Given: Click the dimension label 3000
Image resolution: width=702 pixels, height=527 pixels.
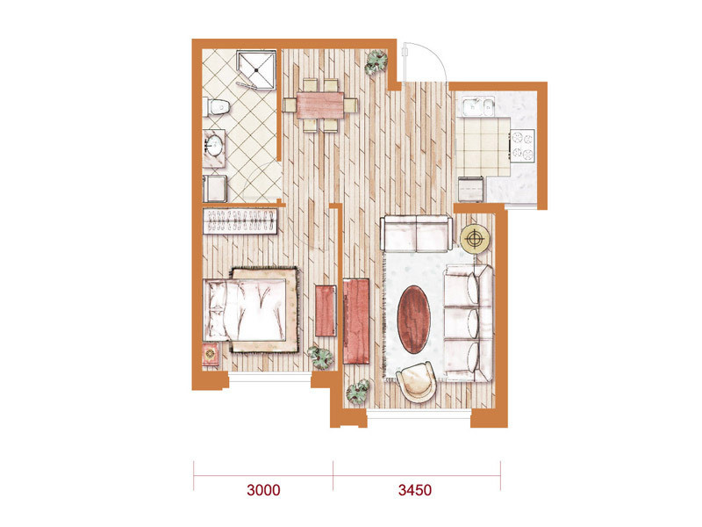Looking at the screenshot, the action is coord(264,490).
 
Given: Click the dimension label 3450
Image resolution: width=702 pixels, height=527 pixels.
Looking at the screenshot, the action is coord(415,490).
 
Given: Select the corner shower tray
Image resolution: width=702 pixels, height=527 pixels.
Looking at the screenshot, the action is coord(255,70).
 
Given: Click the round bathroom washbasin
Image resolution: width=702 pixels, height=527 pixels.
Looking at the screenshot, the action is coord(213,145).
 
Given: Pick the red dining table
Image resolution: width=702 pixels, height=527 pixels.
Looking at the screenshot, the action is coord(320,105).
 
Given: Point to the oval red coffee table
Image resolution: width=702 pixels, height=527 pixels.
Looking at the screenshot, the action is coord(414,319).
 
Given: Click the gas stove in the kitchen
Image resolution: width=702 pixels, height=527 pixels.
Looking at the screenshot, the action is coord(522,146).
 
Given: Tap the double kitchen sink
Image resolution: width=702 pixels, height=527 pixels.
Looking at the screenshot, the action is coord(478,107).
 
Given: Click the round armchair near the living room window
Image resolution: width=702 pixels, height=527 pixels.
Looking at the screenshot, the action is coord(416,382).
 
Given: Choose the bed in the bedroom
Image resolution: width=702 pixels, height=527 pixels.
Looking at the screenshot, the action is coord(250,310).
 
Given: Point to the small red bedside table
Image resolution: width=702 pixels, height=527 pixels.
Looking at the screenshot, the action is coord(211,355).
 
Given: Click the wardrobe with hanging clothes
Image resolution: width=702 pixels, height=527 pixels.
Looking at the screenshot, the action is coord(240,220).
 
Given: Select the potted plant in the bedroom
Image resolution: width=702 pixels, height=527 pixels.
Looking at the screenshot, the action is coord(320,357).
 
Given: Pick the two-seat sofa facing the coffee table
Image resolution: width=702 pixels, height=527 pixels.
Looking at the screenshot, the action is coord(416,234).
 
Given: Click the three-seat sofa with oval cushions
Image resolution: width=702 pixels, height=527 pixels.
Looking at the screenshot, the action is coord(469,323).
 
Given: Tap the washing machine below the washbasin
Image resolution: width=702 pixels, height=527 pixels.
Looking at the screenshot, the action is coord(215,189).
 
